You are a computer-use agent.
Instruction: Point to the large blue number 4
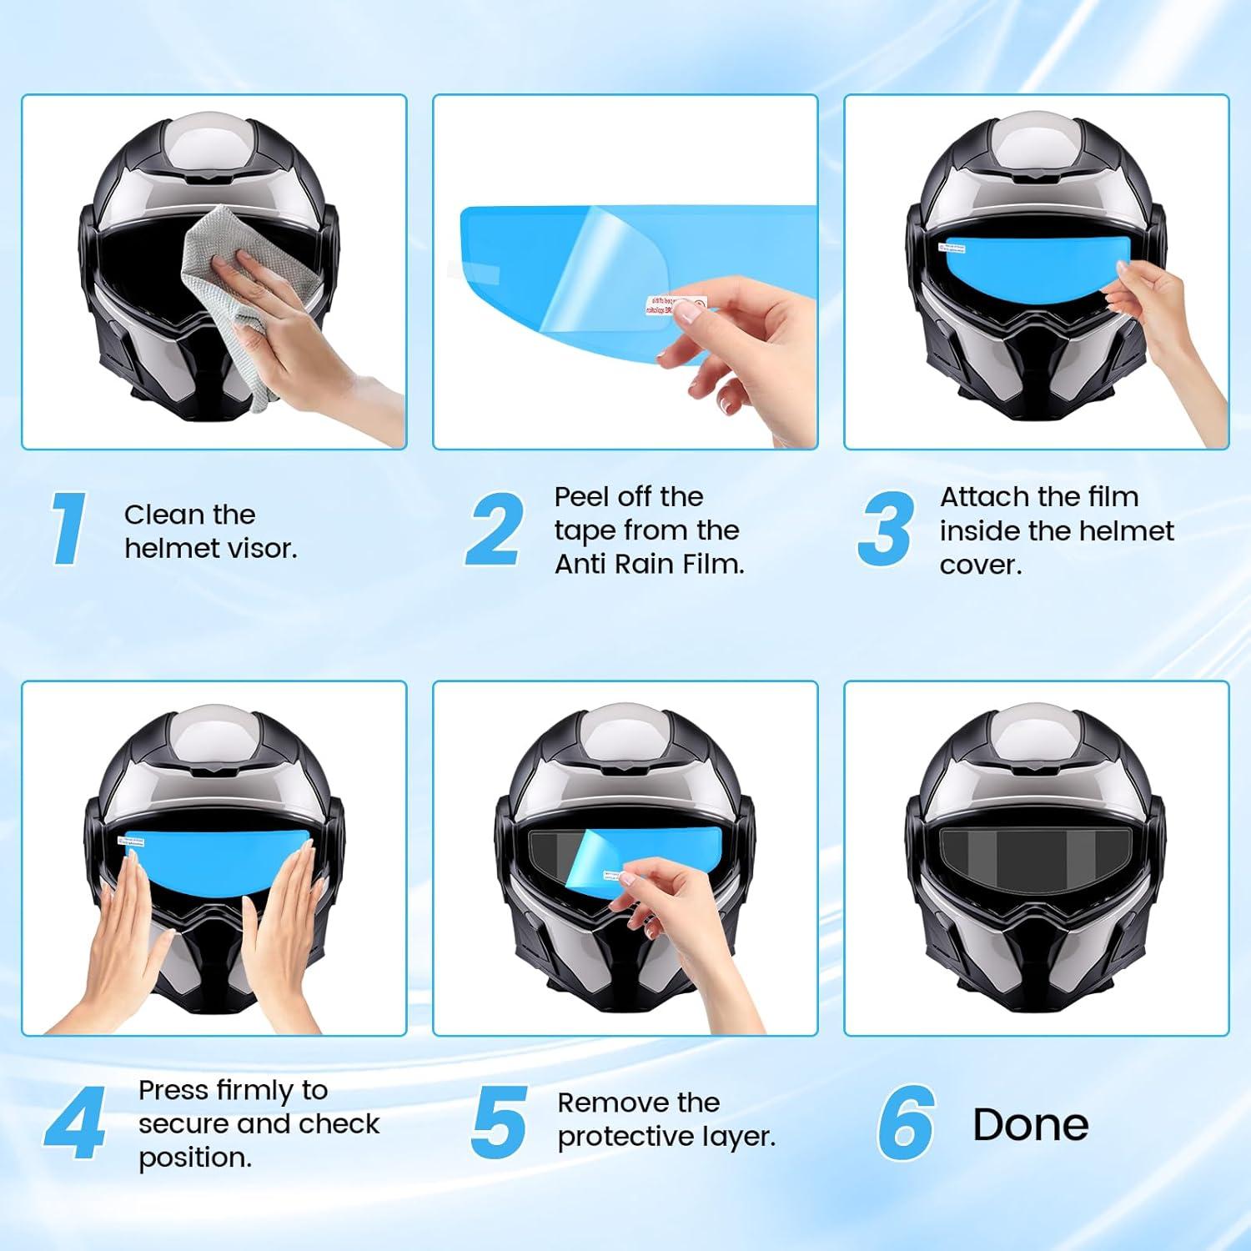pos(74,1123)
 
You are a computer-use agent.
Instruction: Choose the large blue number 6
pos(905,1123)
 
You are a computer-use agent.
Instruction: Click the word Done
pos(1030,1124)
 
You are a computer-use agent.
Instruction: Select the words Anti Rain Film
pos(649,565)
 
